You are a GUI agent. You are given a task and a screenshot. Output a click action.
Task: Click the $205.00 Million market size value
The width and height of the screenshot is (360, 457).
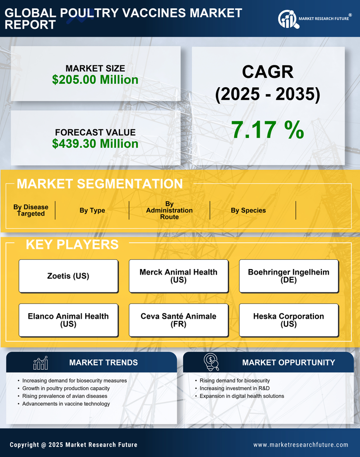(x=95, y=80)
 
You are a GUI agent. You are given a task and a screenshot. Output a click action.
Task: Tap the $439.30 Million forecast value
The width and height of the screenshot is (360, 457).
(x=95, y=144)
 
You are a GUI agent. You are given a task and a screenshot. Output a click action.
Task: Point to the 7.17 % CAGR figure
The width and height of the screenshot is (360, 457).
(x=267, y=130)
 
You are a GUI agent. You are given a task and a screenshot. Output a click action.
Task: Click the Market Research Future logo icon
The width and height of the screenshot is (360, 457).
(x=288, y=19)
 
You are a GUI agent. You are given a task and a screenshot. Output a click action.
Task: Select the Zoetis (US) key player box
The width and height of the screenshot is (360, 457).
(x=68, y=276)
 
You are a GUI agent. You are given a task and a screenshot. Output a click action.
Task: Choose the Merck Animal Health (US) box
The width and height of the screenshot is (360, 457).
(x=178, y=276)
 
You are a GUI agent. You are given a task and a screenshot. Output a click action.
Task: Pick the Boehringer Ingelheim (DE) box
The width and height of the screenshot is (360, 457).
(x=289, y=276)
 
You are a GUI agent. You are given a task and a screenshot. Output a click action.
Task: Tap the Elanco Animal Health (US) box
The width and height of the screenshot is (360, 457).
(x=68, y=320)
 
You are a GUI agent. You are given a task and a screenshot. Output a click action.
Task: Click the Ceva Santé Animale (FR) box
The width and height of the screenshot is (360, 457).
(x=178, y=320)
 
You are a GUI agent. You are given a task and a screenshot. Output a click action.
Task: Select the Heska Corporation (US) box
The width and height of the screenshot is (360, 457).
(x=289, y=320)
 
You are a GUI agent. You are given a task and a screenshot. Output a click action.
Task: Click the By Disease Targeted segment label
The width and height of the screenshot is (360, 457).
(x=31, y=211)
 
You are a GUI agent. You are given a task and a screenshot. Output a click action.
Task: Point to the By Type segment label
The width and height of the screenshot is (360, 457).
(x=92, y=211)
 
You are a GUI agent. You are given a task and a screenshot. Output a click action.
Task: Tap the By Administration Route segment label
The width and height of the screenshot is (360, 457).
(x=169, y=211)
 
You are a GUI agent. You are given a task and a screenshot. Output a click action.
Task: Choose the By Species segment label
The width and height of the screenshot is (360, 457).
(x=248, y=211)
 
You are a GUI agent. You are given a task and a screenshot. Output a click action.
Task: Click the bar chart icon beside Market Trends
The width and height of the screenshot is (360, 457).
(x=41, y=363)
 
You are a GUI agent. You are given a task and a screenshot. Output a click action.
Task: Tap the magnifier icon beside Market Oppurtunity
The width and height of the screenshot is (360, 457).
(x=211, y=362)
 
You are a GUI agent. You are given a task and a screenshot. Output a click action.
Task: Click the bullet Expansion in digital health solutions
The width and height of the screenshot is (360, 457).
(x=242, y=396)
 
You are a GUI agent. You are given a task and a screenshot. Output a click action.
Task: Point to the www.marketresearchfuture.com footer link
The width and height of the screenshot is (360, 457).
(x=301, y=445)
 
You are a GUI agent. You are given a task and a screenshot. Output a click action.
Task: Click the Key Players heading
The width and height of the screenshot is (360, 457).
(x=72, y=244)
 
